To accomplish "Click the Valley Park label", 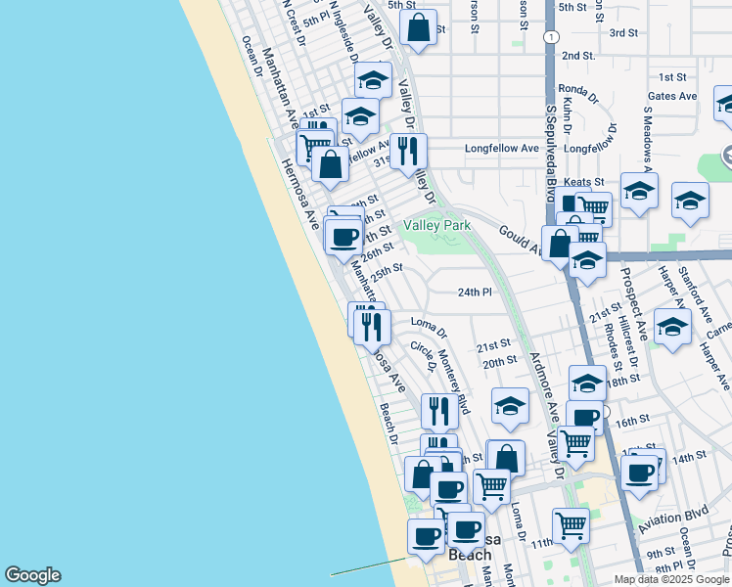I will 437,226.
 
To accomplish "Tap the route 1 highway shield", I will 552,36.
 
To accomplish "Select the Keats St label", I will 584,182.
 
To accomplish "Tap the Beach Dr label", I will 389,421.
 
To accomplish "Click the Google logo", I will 32,575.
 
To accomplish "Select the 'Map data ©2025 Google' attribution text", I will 671,579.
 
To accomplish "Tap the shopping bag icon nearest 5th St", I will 418,28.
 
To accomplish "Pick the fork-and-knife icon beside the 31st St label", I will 408,151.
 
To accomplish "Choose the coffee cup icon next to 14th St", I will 641,473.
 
